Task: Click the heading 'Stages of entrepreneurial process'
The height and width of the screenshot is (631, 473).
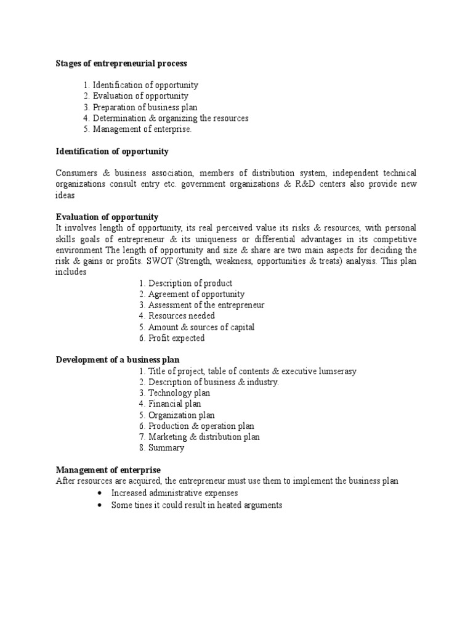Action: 121,63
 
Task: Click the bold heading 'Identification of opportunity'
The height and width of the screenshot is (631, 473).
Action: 112,151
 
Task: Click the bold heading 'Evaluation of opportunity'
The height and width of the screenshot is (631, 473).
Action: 107,217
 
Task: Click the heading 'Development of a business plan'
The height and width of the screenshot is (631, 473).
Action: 118,360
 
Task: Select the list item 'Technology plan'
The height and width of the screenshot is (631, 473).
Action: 179,393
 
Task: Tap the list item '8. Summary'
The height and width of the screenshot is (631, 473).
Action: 161,448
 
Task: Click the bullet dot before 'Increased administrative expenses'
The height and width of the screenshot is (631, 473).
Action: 100,494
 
